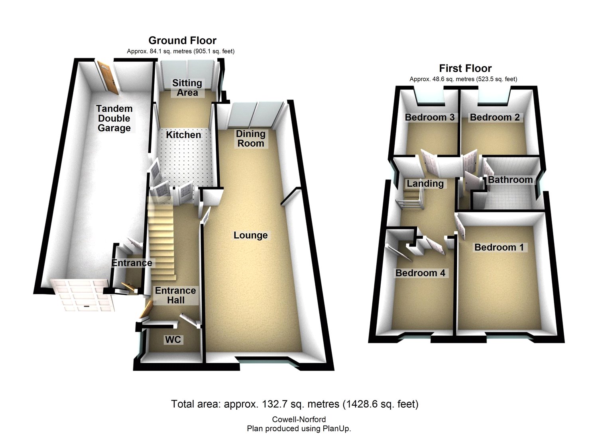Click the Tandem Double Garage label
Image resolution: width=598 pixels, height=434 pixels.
tap(114, 118)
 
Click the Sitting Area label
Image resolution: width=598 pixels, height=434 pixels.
tap(187, 88)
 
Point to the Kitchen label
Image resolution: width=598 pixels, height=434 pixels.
tap(183, 135)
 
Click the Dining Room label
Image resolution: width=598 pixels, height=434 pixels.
tap(250, 139)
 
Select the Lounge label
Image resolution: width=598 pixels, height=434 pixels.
tap(250, 235)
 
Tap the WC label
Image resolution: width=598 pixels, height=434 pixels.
tap(173, 340)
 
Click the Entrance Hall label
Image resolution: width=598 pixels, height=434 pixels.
tap(175, 295)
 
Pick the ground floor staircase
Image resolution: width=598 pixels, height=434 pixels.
tap(161, 239)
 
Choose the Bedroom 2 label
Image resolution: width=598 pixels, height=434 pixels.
tap(494, 117)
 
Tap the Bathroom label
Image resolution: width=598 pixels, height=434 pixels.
tap(510, 180)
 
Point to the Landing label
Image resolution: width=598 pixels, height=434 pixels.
tap(425, 184)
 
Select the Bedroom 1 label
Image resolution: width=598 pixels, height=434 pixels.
tap(499, 247)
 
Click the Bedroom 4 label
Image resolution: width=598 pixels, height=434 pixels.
tap(420, 273)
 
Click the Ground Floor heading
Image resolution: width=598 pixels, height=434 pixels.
tap(182, 41)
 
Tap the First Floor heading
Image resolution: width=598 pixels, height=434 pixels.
tap(465, 68)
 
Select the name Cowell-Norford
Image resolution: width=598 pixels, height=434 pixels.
tap(299, 419)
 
